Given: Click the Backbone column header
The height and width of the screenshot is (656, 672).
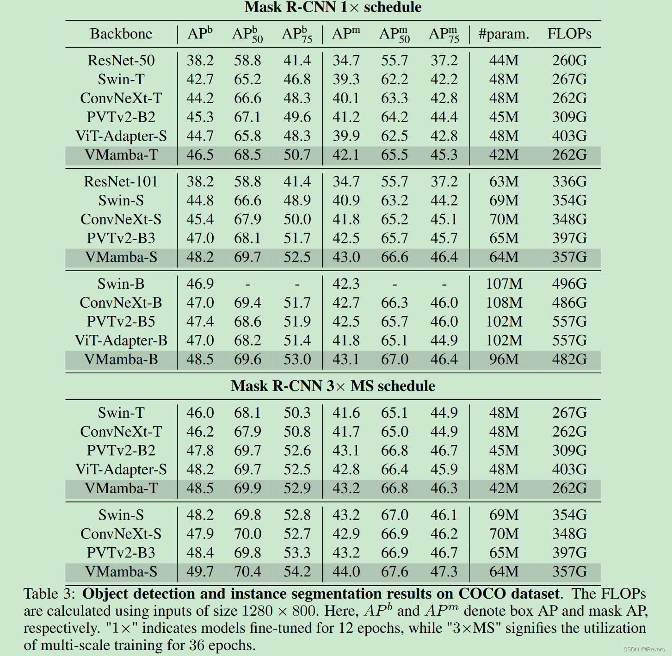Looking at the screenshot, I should coord(121,34).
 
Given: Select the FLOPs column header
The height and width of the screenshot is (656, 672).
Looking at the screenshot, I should coord(569,34).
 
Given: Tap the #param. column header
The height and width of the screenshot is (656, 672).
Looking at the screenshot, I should coord(504,34).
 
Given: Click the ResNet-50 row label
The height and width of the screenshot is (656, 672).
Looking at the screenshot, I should coord(121,61).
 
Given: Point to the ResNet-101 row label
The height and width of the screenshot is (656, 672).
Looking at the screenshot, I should coord(121,182).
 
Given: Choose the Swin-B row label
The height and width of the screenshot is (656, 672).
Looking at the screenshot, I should coord(121,284).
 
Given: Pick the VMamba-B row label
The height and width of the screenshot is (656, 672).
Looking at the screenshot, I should coord(121,359).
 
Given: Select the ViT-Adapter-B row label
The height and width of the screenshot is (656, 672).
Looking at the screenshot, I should coord(121,340).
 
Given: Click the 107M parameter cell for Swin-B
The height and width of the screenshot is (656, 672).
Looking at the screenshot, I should coord(504,284).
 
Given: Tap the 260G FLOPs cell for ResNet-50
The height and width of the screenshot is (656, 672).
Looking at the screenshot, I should coord(569,61).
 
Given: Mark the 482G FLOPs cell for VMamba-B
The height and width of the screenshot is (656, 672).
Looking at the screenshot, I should coord(569,359).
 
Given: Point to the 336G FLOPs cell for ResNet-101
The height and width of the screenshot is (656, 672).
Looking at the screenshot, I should coord(569,182).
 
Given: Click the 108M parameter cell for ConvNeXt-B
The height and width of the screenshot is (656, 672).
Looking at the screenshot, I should coord(504,303).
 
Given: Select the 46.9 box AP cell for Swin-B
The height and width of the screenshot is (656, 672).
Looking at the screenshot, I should coord(200,284).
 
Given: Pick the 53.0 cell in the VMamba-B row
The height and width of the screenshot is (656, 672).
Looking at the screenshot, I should coord(297,359).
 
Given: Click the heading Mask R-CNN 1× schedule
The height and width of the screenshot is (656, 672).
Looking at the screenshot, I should coord(333,7).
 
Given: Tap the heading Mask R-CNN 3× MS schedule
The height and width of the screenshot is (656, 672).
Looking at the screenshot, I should coord(333,386).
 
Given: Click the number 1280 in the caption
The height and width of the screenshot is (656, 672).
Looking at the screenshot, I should coord(258,611).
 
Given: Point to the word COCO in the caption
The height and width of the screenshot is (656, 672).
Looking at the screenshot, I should coord(481,594).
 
